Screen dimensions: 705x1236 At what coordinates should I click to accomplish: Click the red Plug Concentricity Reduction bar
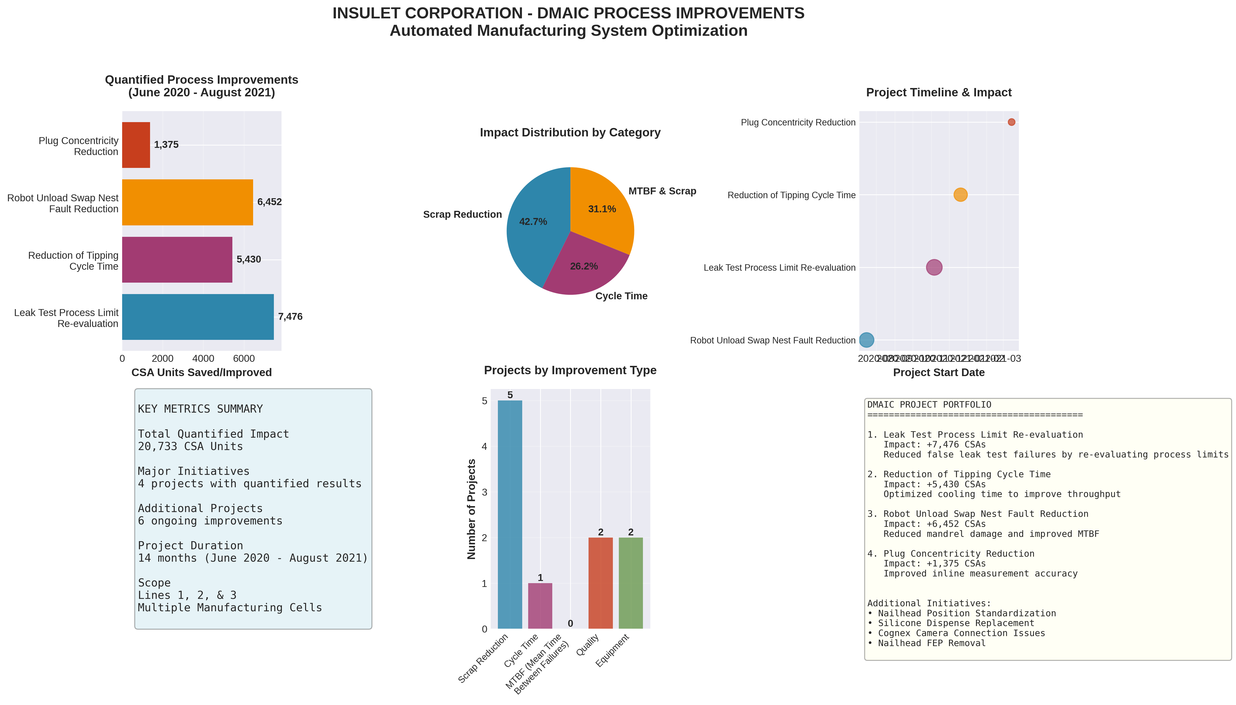click(136, 145)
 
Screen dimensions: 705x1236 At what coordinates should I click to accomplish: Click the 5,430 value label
click(248, 259)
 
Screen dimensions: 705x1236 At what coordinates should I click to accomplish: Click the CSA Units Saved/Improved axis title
click(202, 372)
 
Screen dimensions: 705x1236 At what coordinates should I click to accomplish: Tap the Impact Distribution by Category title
click(570, 133)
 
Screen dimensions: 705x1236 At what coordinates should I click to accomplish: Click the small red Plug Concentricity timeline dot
click(1011, 122)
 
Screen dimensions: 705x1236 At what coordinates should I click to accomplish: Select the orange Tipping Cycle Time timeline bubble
click(960, 195)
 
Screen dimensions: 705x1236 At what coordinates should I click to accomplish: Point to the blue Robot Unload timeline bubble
click(866, 340)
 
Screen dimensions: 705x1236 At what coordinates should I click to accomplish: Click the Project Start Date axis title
click(938, 372)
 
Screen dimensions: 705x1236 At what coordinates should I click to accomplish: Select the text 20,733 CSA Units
click(190, 446)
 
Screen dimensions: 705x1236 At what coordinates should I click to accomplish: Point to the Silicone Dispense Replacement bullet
click(951, 623)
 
